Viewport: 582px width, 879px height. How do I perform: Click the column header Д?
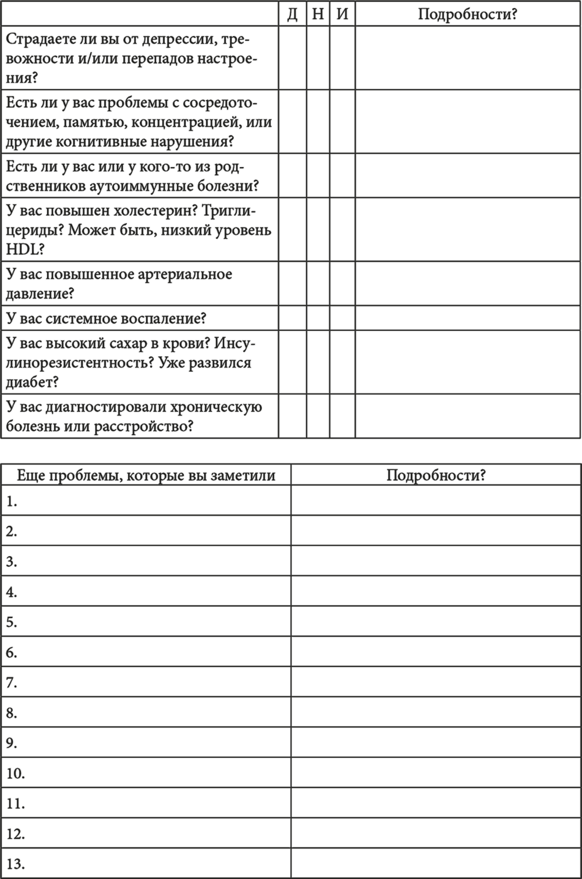(x=292, y=14)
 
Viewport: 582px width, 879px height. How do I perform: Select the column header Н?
(x=318, y=14)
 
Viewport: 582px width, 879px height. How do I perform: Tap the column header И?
(x=342, y=14)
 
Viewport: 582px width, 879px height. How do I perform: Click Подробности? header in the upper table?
(x=467, y=14)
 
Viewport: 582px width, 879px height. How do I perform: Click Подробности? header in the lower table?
(x=436, y=475)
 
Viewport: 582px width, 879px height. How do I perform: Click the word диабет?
(x=30, y=382)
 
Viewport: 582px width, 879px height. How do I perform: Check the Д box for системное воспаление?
(x=292, y=318)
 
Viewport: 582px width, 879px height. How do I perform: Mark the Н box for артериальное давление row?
(x=318, y=283)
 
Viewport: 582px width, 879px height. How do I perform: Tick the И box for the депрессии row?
(x=342, y=58)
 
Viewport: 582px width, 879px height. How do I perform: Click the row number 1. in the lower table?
(x=12, y=501)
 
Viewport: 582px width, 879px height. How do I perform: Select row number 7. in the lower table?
(x=12, y=683)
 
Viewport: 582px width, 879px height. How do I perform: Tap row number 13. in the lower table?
(x=16, y=864)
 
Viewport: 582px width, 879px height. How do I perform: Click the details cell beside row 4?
(x=436, y=591)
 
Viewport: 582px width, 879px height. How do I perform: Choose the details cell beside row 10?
(x=436, y=772)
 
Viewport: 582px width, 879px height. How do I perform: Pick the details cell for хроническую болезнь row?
(x=468, y=416)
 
